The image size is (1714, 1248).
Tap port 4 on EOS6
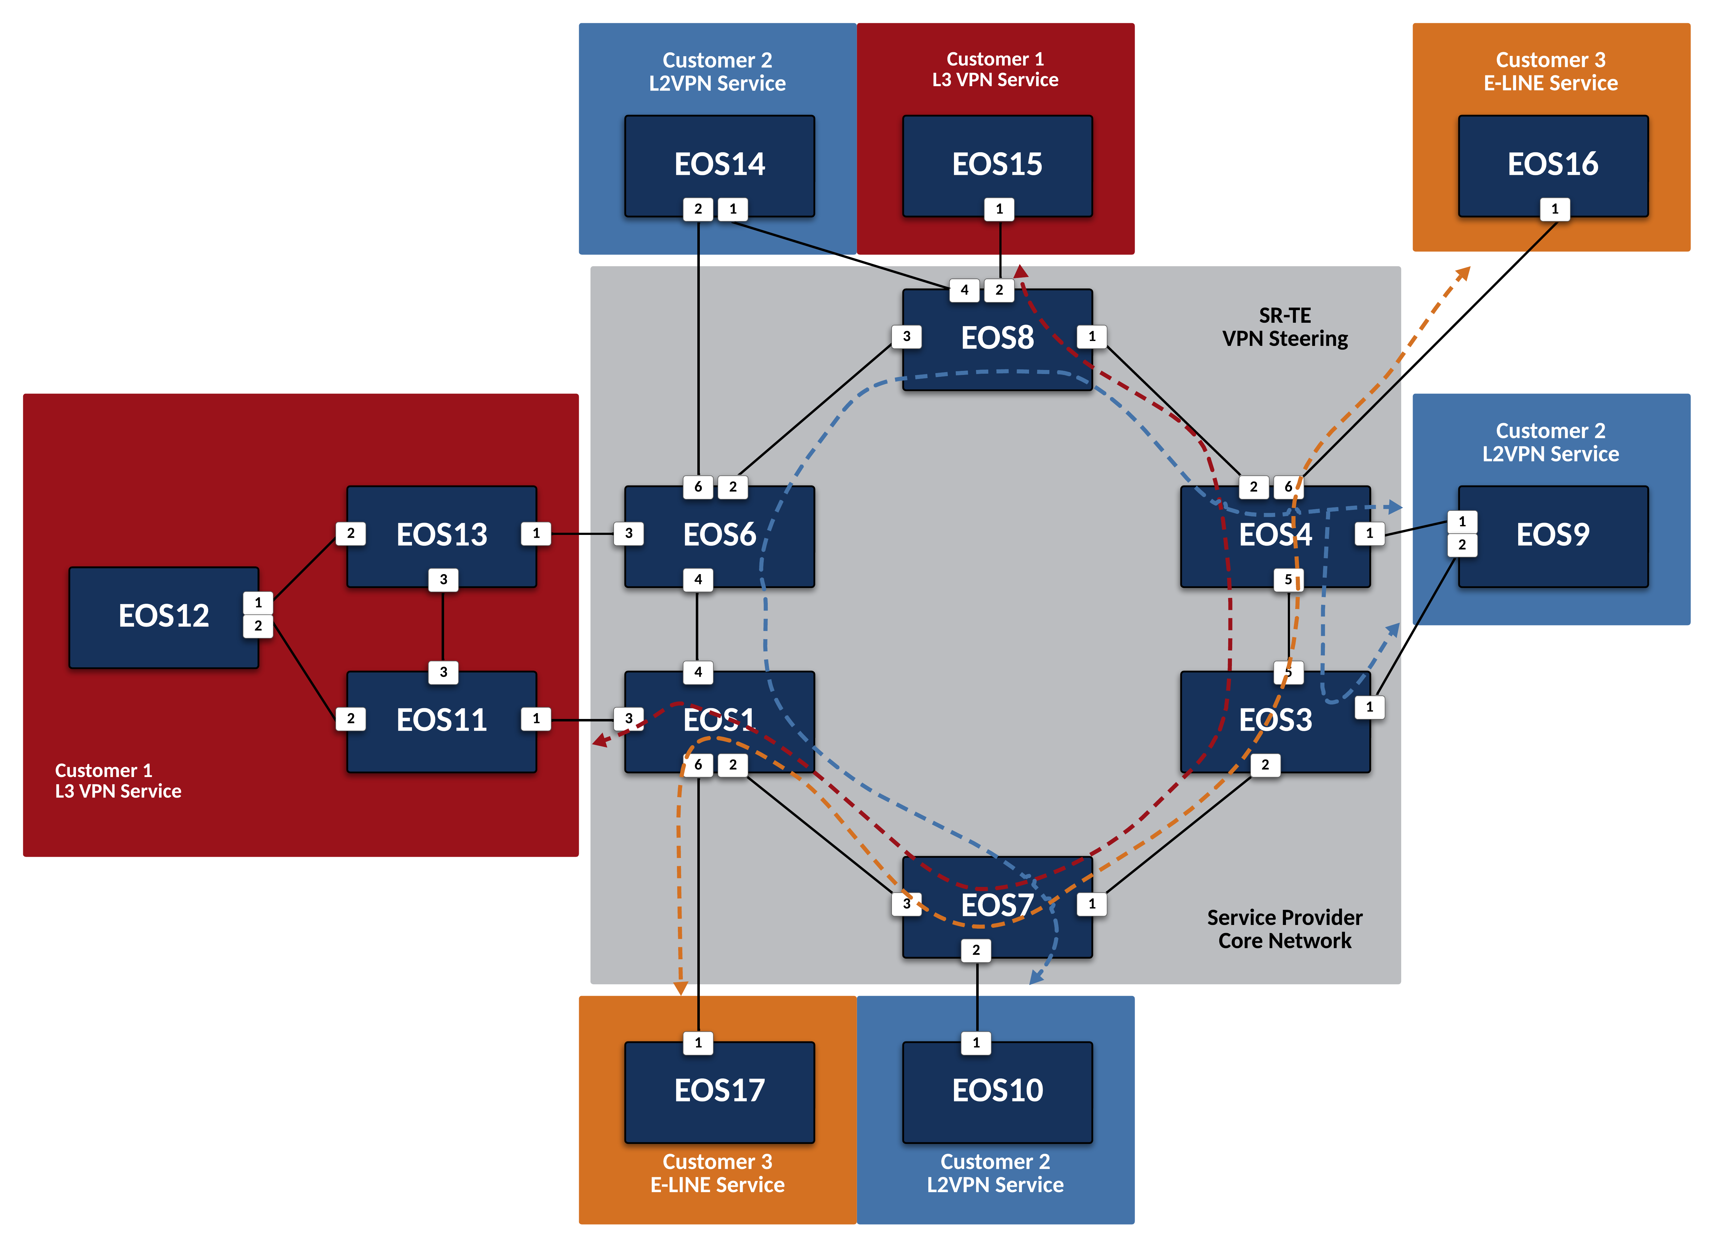(x=698, y=580)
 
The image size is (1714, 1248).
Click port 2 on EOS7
(x=976, y=950)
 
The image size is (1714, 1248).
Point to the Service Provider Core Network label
(x=1285, y=929)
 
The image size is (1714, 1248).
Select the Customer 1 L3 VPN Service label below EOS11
(x=118, y=781)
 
